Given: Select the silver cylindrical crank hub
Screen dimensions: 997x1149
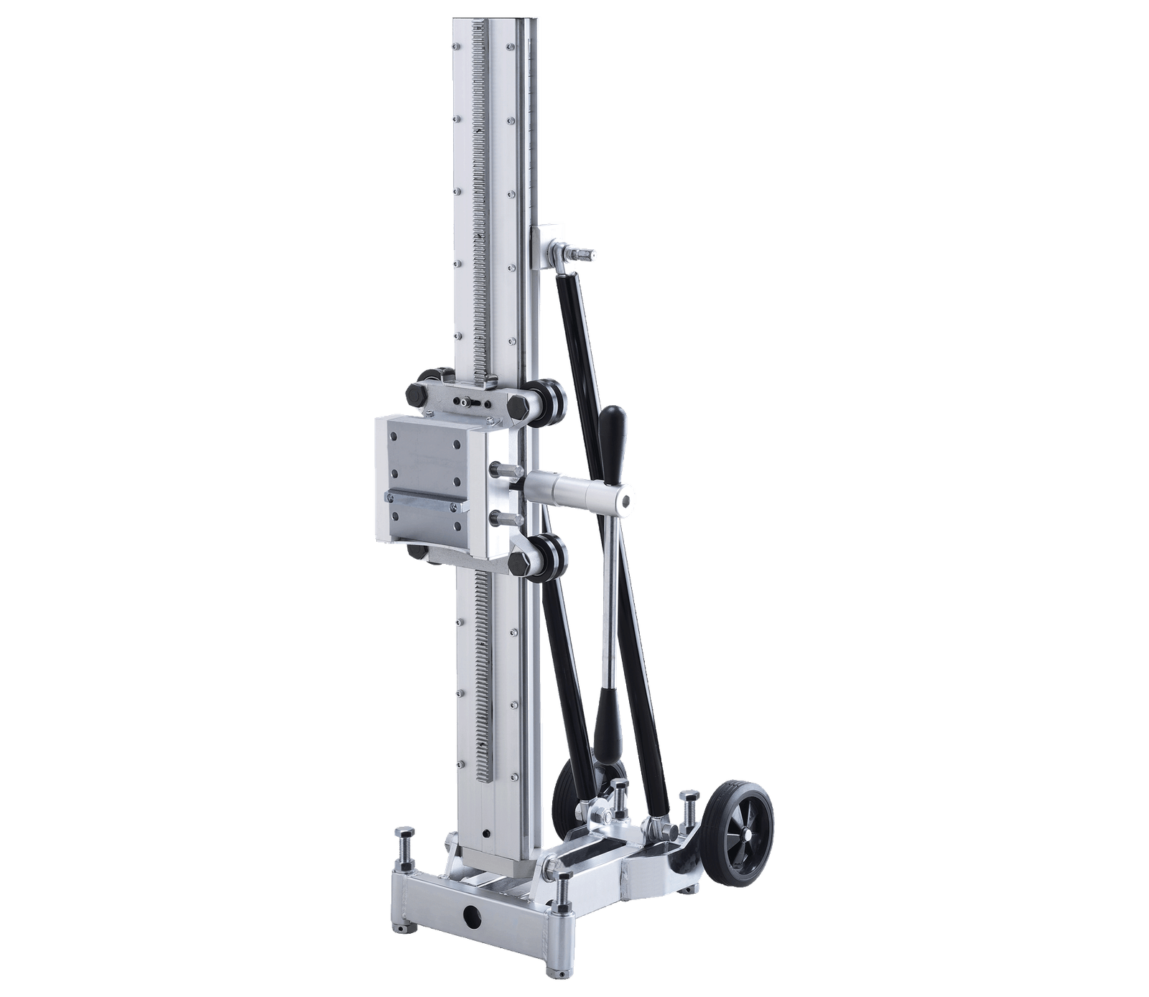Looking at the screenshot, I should point(574,494).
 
